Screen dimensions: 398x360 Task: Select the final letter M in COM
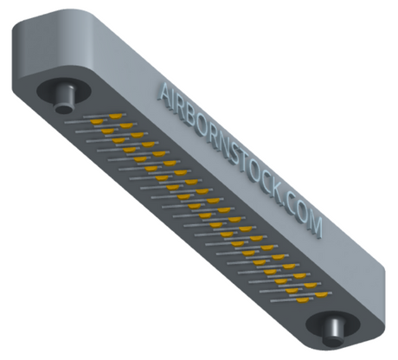click(315, 226)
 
